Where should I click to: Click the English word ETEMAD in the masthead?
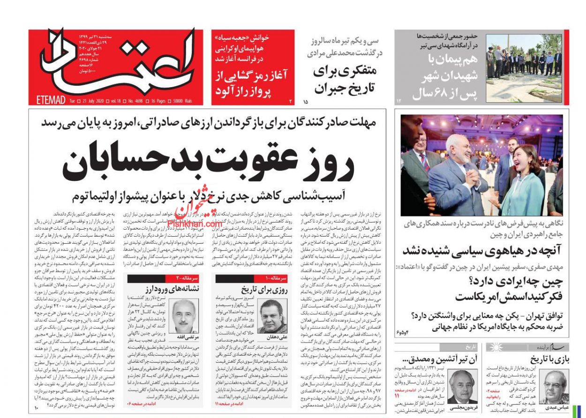pos(50,100)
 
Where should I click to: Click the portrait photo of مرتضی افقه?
pos(184,315)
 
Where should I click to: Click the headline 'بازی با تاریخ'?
pos(547,360)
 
